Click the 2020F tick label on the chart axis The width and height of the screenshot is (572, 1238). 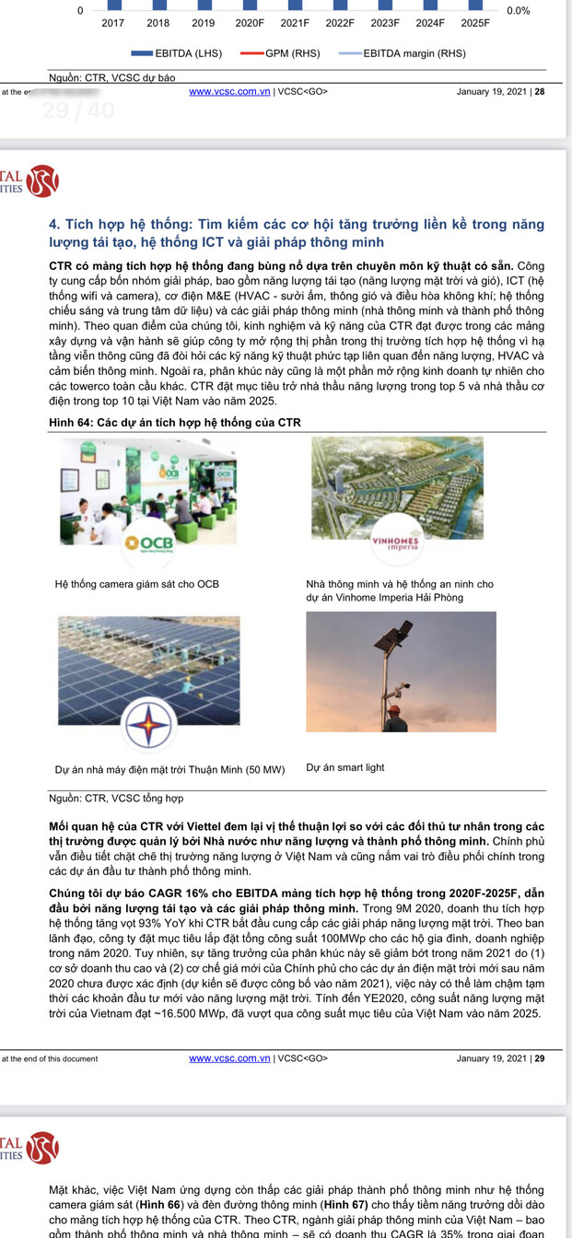[x=249, y=22]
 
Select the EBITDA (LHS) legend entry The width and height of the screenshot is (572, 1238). [x=177, y=53]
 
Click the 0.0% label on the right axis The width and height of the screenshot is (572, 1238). [x=518, y=11]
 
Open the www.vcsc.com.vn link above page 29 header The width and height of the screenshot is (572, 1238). [x=229, y=91]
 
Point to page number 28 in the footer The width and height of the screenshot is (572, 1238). [x=540, y=91]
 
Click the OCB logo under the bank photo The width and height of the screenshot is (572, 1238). [x=151, y=542]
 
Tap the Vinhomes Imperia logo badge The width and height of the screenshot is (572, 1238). [x=394, y=541]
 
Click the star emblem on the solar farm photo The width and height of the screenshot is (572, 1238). [x=148, y=721]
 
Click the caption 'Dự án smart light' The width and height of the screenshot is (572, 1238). [x=345, y=767]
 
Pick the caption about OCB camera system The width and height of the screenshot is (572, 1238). [x=137, y=584]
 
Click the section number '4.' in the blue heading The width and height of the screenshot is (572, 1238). [x=54, y=224]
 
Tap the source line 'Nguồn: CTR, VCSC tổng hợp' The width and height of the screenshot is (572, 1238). [x=116, y=798]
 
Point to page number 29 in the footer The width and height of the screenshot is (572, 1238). [x=540, y=1058]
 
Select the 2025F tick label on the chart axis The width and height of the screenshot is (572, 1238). [x=475, y=22]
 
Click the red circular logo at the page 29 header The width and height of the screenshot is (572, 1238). [x=41, y=181]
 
